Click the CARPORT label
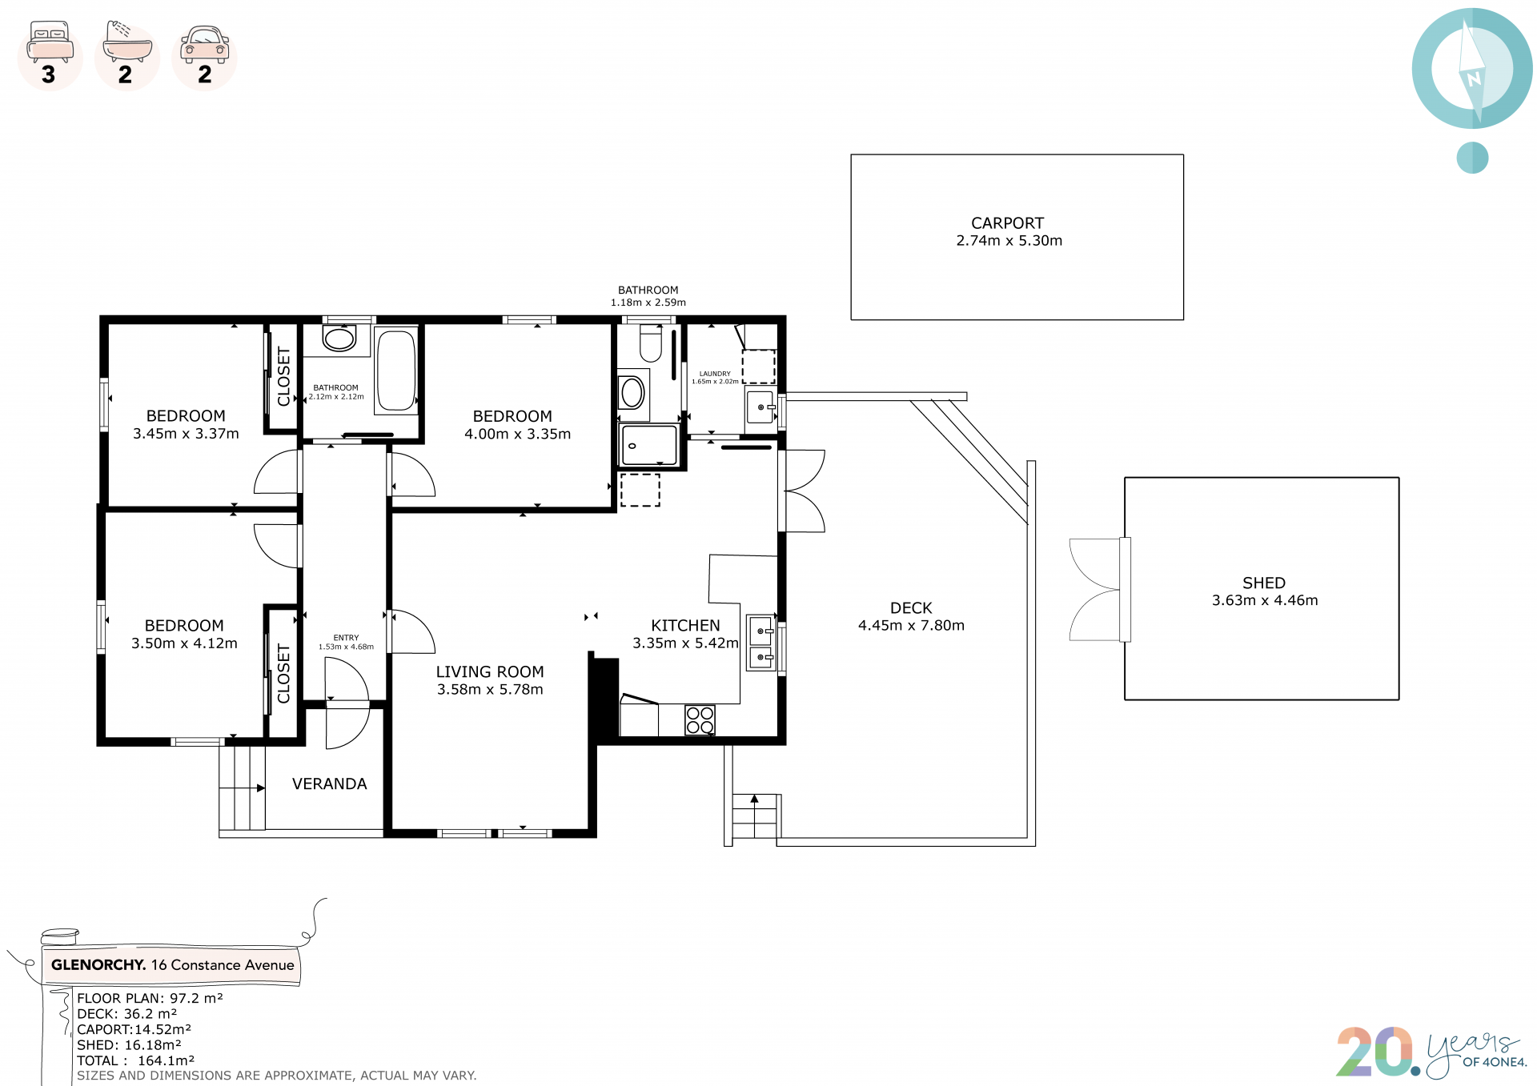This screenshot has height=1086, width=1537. (x=1007, y=223)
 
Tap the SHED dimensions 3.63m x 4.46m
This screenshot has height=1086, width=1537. (x=1264, y=600)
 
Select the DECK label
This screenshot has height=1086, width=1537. (x=911, y=608)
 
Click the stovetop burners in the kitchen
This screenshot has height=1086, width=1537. (x=700, y=720)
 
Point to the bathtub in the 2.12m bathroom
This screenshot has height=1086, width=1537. (x=396, y=371)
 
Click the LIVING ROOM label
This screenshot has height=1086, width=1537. (x=490, y=672)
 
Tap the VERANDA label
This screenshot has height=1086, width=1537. (x=330, y=784)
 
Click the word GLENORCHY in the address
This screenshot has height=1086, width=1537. (x=98, y=965)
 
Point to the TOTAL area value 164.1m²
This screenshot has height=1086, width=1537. (x=166, y=1060)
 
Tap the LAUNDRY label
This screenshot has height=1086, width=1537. (x=715, y=374)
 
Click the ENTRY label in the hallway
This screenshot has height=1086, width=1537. (x=346, y=638)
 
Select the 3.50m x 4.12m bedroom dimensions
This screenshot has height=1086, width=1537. (x=184, y=643)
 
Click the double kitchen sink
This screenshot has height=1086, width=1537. (x=760, y=643)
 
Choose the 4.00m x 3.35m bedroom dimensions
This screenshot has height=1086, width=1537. (x=517, y=434)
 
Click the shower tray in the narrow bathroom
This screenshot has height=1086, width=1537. (x=649, y=445)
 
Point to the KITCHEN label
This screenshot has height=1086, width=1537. (x=685, y=626)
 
